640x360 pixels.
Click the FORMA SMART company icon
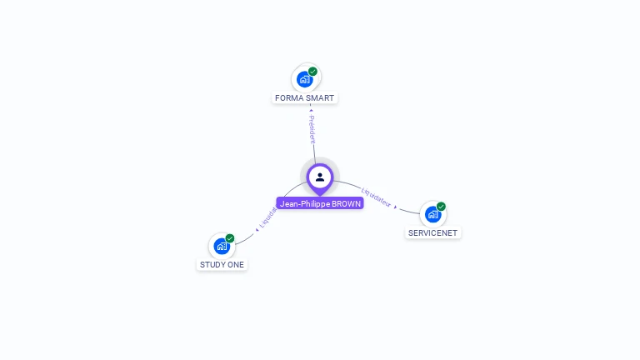(x=305, y=79)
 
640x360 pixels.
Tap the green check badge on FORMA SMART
(x=313, y=72)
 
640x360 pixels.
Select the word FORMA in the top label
(x=289, y=98)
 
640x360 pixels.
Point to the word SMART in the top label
(x=320, y=98)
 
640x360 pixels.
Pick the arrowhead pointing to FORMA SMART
(x=311, y=109)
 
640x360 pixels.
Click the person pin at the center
(x=320, y=177)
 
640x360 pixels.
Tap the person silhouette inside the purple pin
(x=320, y=177)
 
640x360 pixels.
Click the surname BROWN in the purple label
(x=347, y=203)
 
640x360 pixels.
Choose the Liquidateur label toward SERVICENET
(x=376, y=196)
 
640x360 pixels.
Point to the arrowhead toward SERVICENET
(x=396, y=207)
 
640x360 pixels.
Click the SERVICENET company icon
(x=432, y=214)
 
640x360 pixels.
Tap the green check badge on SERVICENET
(x=441, y=207)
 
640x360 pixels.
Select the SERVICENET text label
(x=432, y=233)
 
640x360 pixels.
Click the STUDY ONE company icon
(x=222, y=246)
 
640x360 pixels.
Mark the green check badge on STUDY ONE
(x=230, y=238)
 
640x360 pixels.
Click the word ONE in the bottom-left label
(x=237, y=265)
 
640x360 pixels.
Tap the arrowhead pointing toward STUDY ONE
(x=257, y=229)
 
